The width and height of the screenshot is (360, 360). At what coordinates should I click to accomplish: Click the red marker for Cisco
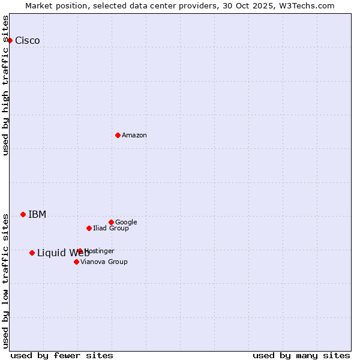10,40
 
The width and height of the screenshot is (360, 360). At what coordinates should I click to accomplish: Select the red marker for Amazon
118,135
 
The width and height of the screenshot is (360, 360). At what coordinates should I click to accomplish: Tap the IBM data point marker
23,214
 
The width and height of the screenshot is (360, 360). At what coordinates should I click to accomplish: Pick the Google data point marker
111,222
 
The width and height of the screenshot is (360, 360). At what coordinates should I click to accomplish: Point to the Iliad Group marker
89,228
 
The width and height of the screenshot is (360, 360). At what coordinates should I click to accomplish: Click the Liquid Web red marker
32,253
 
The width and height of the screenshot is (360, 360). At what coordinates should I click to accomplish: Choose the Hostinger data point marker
80,251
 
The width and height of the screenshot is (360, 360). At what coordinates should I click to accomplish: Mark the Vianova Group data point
76,262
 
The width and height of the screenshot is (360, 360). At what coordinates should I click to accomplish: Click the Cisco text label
28,41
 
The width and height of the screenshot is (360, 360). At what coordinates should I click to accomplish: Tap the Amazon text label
134,136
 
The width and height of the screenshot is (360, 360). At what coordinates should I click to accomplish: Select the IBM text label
37,215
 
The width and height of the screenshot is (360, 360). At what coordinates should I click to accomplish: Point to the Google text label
126,223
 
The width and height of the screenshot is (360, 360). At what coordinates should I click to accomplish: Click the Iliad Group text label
111,229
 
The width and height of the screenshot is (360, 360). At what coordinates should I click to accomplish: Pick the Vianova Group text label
104,262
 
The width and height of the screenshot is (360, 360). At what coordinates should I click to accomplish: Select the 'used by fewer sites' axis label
62,355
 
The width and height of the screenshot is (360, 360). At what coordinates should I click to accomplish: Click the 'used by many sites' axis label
301,355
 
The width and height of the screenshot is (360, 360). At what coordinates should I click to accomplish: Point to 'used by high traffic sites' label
5,85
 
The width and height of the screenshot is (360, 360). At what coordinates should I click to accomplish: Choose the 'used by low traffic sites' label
5,280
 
